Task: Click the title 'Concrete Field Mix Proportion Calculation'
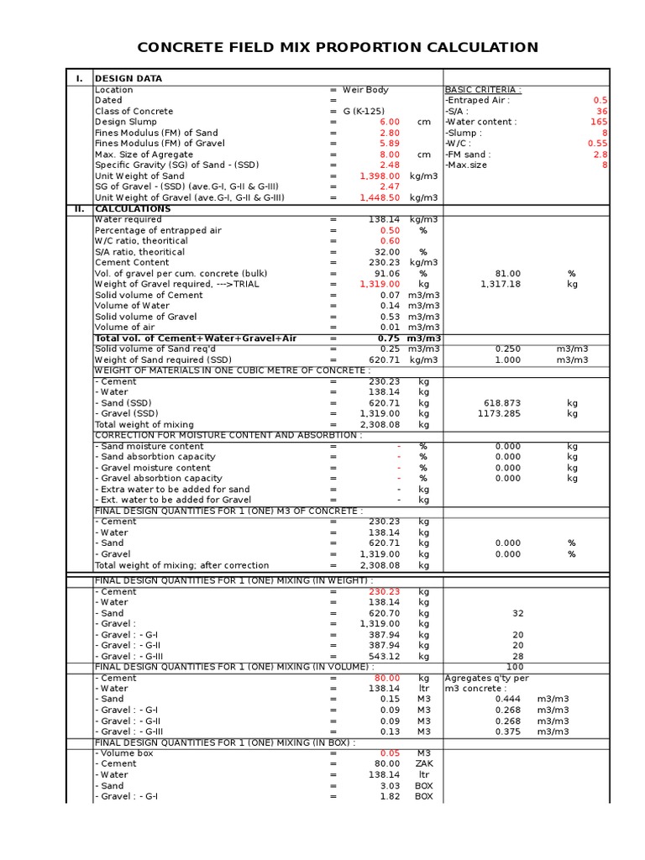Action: pos(337,47)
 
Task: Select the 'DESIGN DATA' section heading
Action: pos(128,79)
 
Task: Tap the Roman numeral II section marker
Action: pos(79,208)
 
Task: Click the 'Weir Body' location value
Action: pos(365,90)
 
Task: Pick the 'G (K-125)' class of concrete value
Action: pos(366,112)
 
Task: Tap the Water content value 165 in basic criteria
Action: pos(599,123)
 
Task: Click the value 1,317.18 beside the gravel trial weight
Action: pos(501,285)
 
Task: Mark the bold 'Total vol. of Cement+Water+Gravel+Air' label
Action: pos(196,338)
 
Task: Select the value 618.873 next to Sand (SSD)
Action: pos(502,403)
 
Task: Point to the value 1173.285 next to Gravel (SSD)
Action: pos(502,414)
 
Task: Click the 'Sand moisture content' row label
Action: pos(149,447)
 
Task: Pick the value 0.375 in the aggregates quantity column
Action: pos(507,732)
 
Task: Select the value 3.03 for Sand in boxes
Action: pos(389,786)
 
